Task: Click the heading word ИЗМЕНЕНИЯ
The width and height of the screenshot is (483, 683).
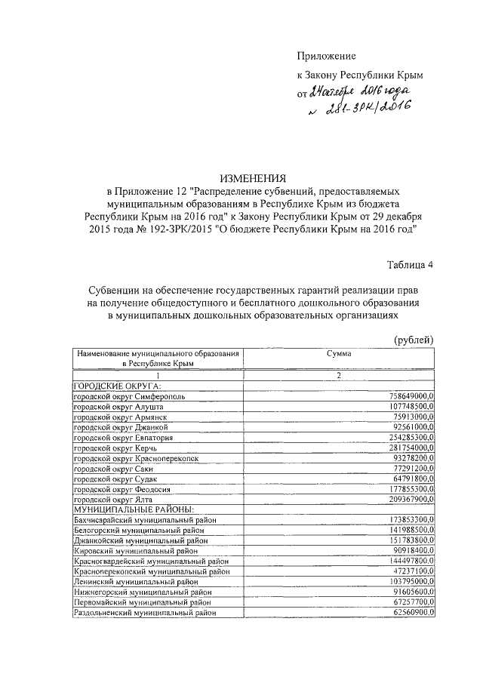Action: click(253, 179)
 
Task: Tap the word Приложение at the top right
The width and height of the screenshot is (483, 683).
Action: click(325, 56)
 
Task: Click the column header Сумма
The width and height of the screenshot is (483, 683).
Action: click(339, 353)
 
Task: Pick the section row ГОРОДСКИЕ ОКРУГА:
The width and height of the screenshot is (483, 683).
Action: click(112, 386)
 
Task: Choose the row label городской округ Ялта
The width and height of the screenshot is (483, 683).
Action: click(112, 500)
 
